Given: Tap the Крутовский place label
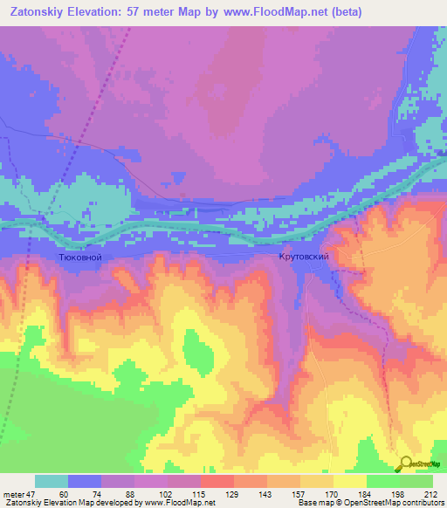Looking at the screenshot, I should tap(303, 258).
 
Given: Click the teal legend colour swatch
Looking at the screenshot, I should tap(51, 482).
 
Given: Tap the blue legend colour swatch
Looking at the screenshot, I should tap(84, 482).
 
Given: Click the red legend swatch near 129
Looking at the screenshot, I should tap(217, 482).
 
